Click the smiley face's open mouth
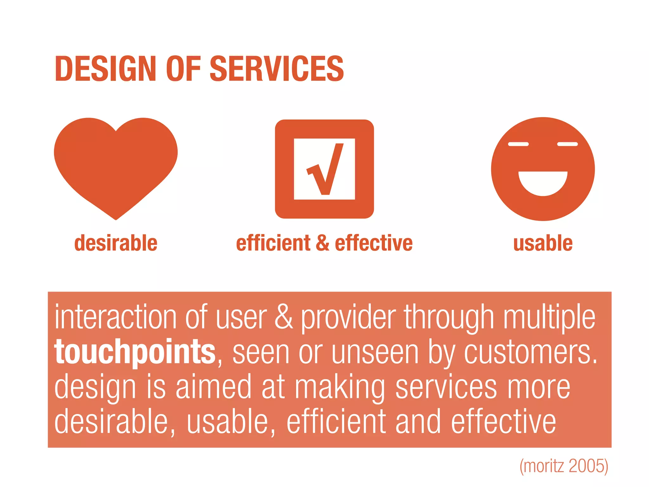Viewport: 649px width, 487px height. (x=543, y=183)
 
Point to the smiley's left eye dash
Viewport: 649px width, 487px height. (x=518, y=144)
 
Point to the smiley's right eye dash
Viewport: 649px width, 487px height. (x=567, y=144)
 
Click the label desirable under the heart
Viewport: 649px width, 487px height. (x=116, y=243)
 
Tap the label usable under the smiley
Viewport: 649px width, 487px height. (x=543, y=243)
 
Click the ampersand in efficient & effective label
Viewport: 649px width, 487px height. (x=323, y=243)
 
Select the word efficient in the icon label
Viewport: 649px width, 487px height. (x=273, y=243)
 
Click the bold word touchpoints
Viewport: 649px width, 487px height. (x=135, y=352)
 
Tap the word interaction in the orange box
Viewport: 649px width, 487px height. (x=115, y=317)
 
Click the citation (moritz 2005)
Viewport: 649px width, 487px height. (x=564, y=466)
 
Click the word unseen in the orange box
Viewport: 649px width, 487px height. (x=375, y=353)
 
